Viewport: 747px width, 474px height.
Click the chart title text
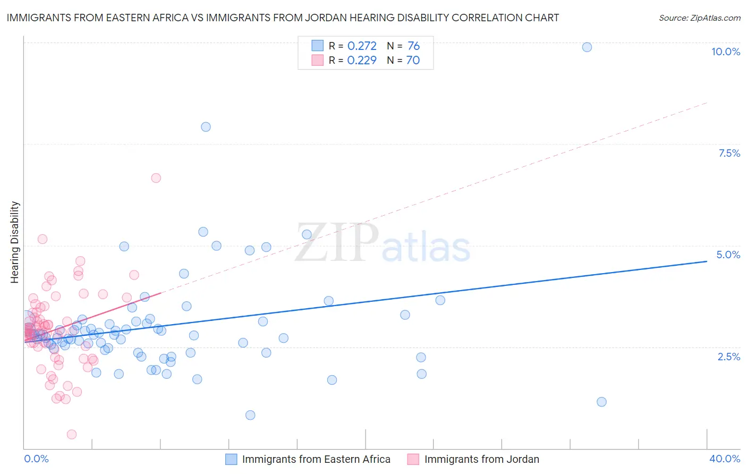click(283, 18)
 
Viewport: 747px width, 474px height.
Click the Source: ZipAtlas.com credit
click(699, 18)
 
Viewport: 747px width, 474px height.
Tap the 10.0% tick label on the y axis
click(725, 52)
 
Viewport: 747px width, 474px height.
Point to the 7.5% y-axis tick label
click(729, 153)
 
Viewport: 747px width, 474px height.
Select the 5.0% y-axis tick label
click(728, 255)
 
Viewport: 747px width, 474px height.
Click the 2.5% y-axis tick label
click(729, 357)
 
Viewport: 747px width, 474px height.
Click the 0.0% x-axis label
click(36, 459)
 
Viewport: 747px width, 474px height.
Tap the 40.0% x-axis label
click(724, 459)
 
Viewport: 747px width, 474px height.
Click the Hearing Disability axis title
click(15, 242)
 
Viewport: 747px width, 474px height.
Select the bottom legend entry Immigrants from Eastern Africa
click(316, 459)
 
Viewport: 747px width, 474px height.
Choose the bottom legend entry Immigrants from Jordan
click(481, 459)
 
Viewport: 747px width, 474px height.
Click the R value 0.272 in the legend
click(362, 46)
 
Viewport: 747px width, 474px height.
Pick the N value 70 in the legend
click(413, 60)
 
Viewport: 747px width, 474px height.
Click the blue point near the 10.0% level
click(587, 47)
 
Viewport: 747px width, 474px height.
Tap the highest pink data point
click(156, 178)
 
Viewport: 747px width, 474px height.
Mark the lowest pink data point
click(72, 435)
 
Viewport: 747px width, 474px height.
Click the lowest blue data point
click(250, 415)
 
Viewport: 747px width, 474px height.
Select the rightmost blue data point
click(601, 402)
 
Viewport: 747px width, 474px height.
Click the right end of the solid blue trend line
click(707, 261)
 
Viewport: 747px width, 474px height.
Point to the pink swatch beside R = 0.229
click(317, 60)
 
